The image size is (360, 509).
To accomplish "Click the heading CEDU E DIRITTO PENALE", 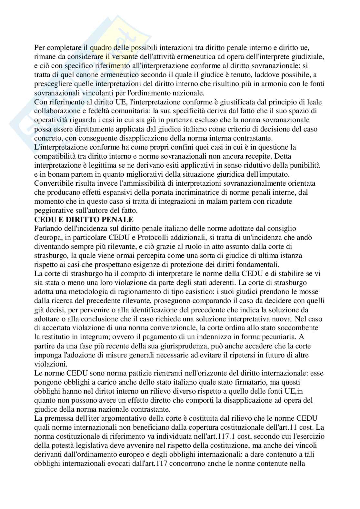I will (x=84, y=220).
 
